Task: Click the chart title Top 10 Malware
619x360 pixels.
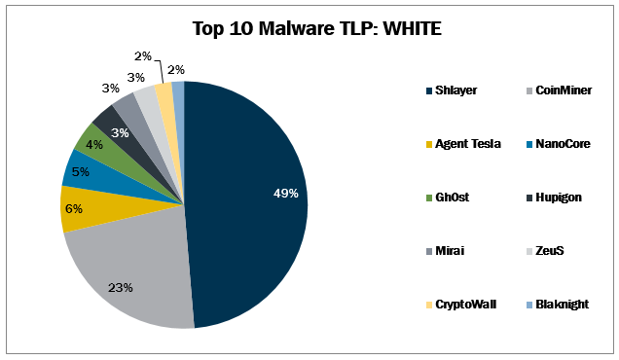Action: click(309, 28)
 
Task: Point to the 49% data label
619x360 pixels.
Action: click(286, 193)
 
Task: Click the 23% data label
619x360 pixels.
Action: click(120, 288)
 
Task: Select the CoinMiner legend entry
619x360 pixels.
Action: click(562, 91)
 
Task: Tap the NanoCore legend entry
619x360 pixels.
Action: click(561, 144)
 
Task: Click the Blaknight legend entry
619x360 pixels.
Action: click(562, 305)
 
